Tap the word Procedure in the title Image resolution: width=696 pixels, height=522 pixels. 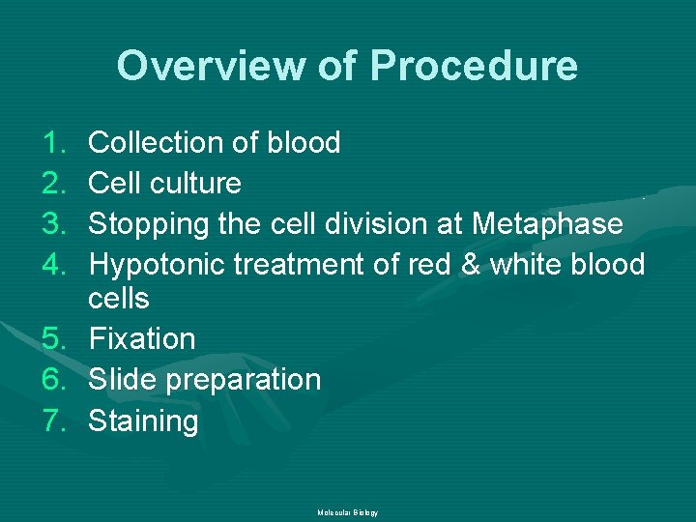[473, 67]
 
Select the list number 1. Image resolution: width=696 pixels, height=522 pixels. [54, 143]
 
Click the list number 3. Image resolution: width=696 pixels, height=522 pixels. [54, 224]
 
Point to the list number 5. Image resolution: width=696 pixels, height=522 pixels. [54, 339]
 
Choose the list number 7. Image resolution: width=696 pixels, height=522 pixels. [54, 421]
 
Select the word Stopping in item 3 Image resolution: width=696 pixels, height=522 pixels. [147, 224]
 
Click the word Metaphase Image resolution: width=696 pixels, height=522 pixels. [547, 224]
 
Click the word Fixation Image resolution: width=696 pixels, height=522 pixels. [141, 339]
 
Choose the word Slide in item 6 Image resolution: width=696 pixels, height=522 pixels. [123, 380]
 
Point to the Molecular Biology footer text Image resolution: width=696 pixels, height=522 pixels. [347, 512]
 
